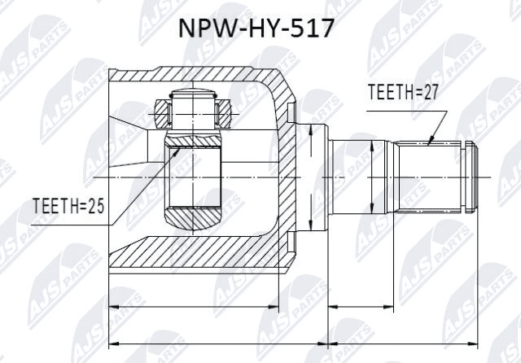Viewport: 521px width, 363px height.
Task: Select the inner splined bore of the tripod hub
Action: pyautogui.click(x=193, y=176)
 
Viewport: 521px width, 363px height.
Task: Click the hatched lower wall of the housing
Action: pyautogui.click(x=195, y=260)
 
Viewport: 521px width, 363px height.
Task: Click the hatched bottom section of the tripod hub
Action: pyautogui.click(x=193, y=218)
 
